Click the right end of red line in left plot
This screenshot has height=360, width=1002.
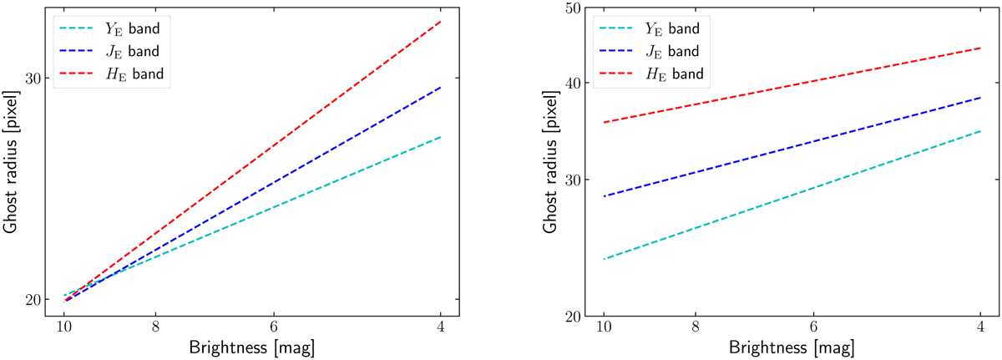click(440, 21)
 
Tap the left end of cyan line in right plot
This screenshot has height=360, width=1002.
click(603, 259)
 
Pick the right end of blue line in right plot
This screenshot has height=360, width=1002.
click(979, 98)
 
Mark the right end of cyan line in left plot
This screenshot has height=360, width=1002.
click(440, 136)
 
